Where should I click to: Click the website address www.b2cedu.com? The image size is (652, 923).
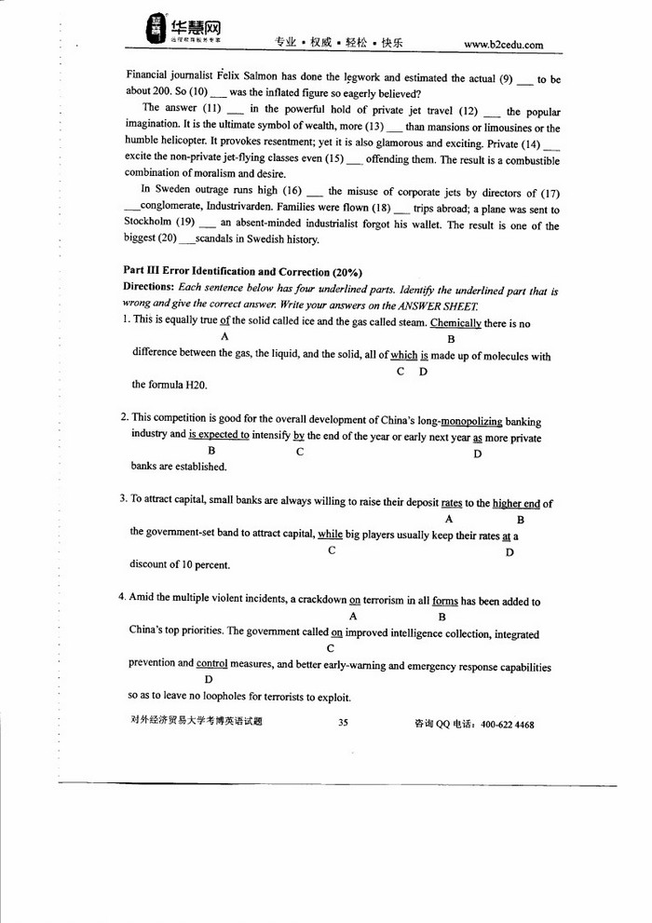(502, 44)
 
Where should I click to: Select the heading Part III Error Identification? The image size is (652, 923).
(241, 271)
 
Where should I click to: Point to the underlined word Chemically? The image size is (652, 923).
(455, 322)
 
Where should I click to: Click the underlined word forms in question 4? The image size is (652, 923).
(444, 602)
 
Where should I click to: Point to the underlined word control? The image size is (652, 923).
(211, 664)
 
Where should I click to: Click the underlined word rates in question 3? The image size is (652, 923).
(452, 503)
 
